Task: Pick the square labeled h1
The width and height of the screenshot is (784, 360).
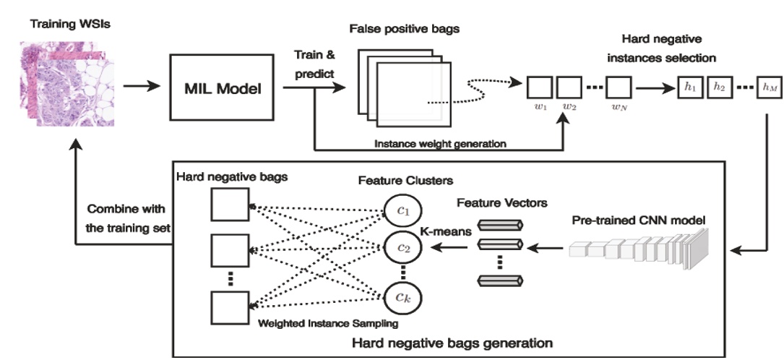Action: pos(689,87)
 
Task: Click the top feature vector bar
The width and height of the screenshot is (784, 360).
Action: pos(499,226)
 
